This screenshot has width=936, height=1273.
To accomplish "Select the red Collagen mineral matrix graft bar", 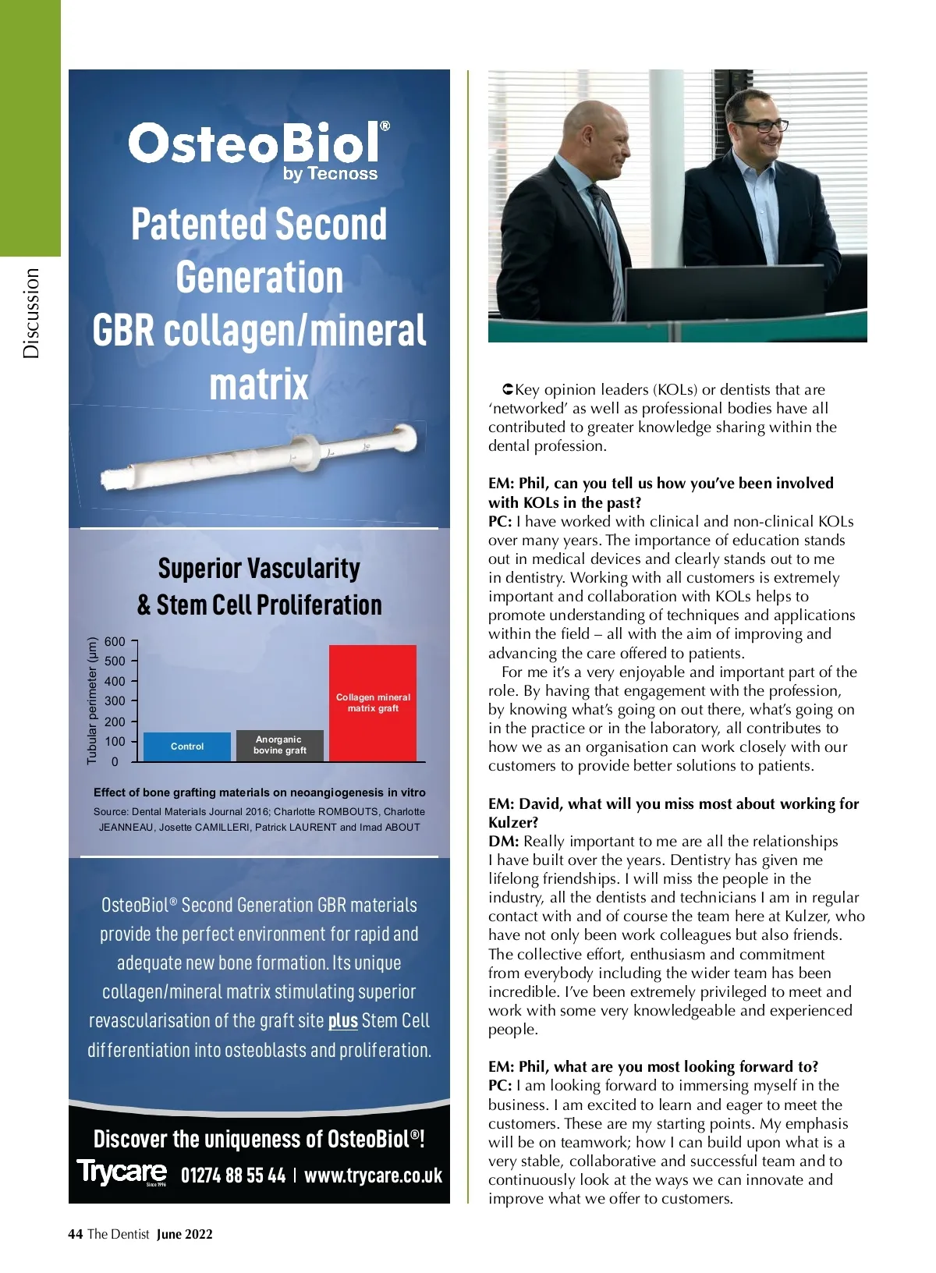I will pos(373,702).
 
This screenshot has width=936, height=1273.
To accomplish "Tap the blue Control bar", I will pos(187,746).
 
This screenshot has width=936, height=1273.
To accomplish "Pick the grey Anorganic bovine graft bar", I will pos(279,745).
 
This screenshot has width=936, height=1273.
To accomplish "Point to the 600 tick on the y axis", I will pos(115,641).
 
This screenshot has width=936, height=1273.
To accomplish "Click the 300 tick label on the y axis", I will pos(115,700).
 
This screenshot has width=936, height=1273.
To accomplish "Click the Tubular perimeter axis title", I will pos(92,700).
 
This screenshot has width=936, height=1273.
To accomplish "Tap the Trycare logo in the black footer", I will pos(122,1172).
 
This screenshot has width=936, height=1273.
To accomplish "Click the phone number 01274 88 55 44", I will pos(233,1175).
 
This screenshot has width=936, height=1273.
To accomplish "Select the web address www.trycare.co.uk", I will pos(373,1175).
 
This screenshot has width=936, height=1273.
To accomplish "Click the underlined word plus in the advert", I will pos(342,1021).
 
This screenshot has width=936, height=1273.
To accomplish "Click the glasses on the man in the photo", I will pos(761,124).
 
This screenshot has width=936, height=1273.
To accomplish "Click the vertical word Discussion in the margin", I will pos(30,313).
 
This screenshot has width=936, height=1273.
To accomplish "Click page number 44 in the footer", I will pos(76,1234).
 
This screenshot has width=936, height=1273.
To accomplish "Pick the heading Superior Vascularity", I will pos(259,568).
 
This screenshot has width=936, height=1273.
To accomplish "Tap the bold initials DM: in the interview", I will pos(504,841).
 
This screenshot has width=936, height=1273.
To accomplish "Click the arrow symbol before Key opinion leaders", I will pos(507,389).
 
